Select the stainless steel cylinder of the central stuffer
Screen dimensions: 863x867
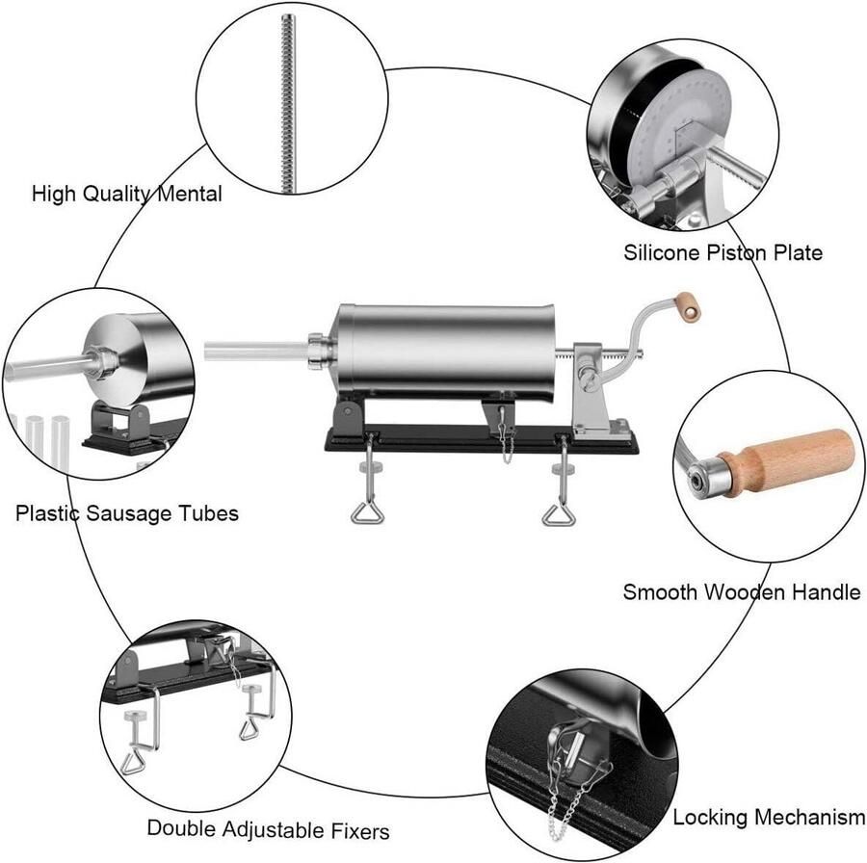point(445,351)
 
